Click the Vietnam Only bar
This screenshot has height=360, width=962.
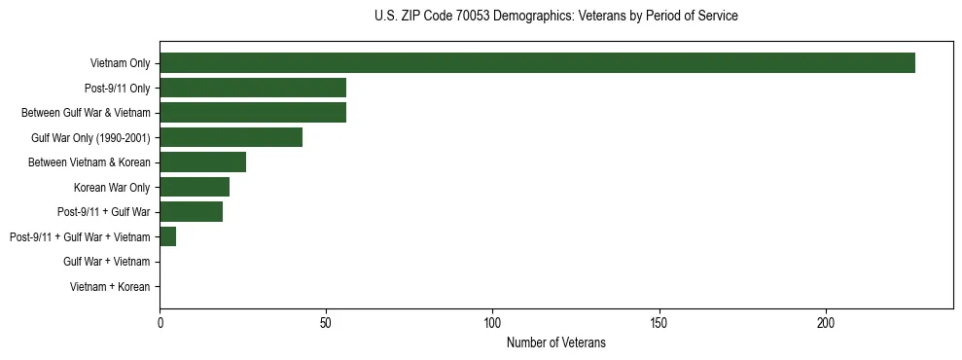[537, 63]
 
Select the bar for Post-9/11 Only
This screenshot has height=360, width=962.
[253, 88]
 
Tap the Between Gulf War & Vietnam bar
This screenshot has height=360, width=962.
[253, 113]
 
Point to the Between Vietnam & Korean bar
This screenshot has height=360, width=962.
[202, 162]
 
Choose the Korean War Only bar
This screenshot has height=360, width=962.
[195, 187]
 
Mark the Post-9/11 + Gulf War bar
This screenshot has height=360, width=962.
[191, 212]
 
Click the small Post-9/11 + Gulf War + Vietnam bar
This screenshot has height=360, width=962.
[167, 236]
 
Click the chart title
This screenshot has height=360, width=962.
[555, 17]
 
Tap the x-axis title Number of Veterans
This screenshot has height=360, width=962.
[555, 342]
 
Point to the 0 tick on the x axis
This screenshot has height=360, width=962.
[160, 322]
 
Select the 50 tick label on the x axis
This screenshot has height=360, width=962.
[326, 322]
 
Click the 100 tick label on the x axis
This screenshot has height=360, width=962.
[492, 322]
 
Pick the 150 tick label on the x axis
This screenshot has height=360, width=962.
[659, 322]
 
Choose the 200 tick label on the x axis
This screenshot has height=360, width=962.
[826, 322]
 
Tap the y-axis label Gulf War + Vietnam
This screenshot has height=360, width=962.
[106, 262]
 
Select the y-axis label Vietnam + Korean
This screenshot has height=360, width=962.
[110, 287]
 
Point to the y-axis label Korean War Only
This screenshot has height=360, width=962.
[112, 187]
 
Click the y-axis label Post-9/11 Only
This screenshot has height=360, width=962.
[119, 88]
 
